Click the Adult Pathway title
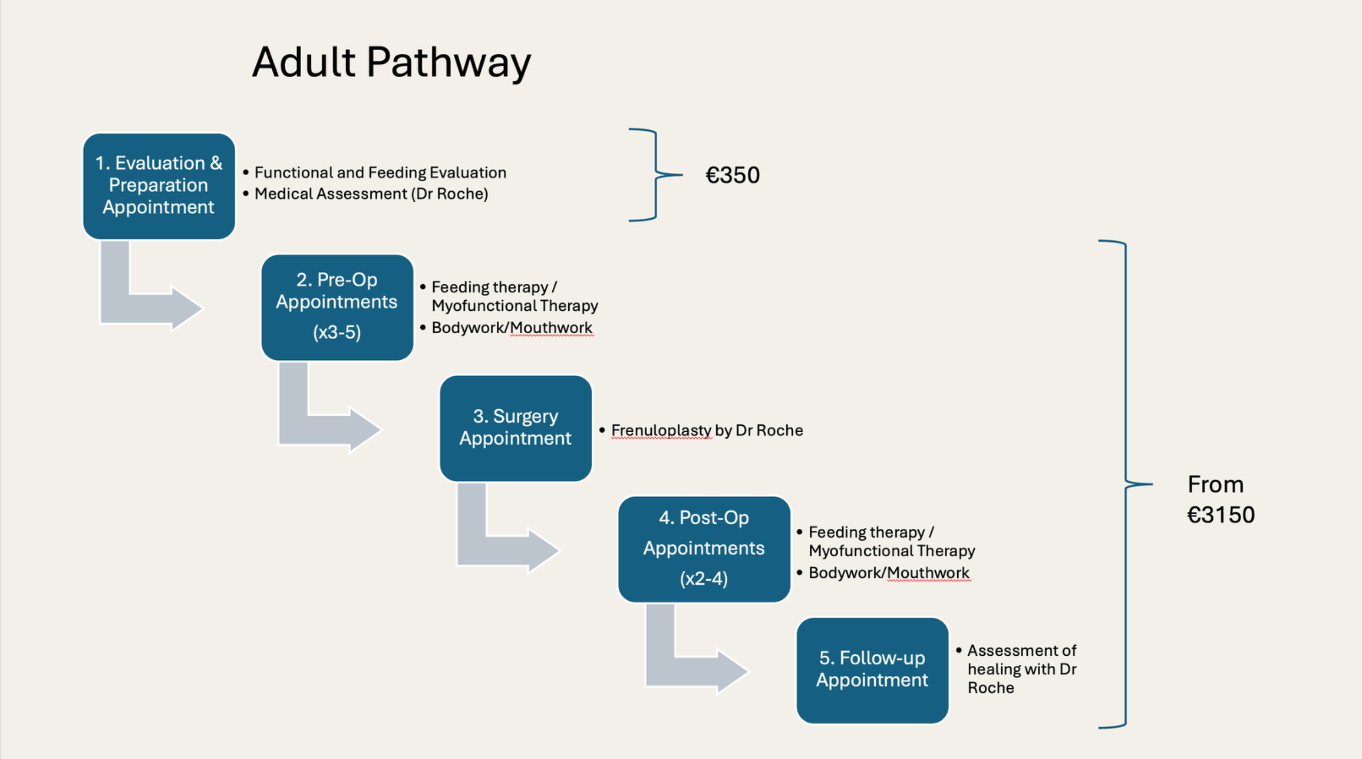coord(392,63)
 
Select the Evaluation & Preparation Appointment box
coord(159,185)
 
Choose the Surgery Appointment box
coord(515,427)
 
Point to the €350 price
coord(733,175)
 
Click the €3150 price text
coord(1221,515)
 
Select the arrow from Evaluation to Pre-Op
coord(144,303)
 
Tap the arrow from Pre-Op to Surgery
coord(322,425)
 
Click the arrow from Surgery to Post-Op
coord(500,546)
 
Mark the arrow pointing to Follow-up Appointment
coord(689,667)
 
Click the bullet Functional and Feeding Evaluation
coord(380,172)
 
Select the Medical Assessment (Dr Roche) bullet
coord(371,194)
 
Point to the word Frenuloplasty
coord(661,430)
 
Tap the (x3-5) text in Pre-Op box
coord(337,332)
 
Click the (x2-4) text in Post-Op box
coord(703,578)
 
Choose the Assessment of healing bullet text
coord(1021,669)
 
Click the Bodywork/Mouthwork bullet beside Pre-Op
coord(511,327)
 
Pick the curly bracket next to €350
coord(655,175)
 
